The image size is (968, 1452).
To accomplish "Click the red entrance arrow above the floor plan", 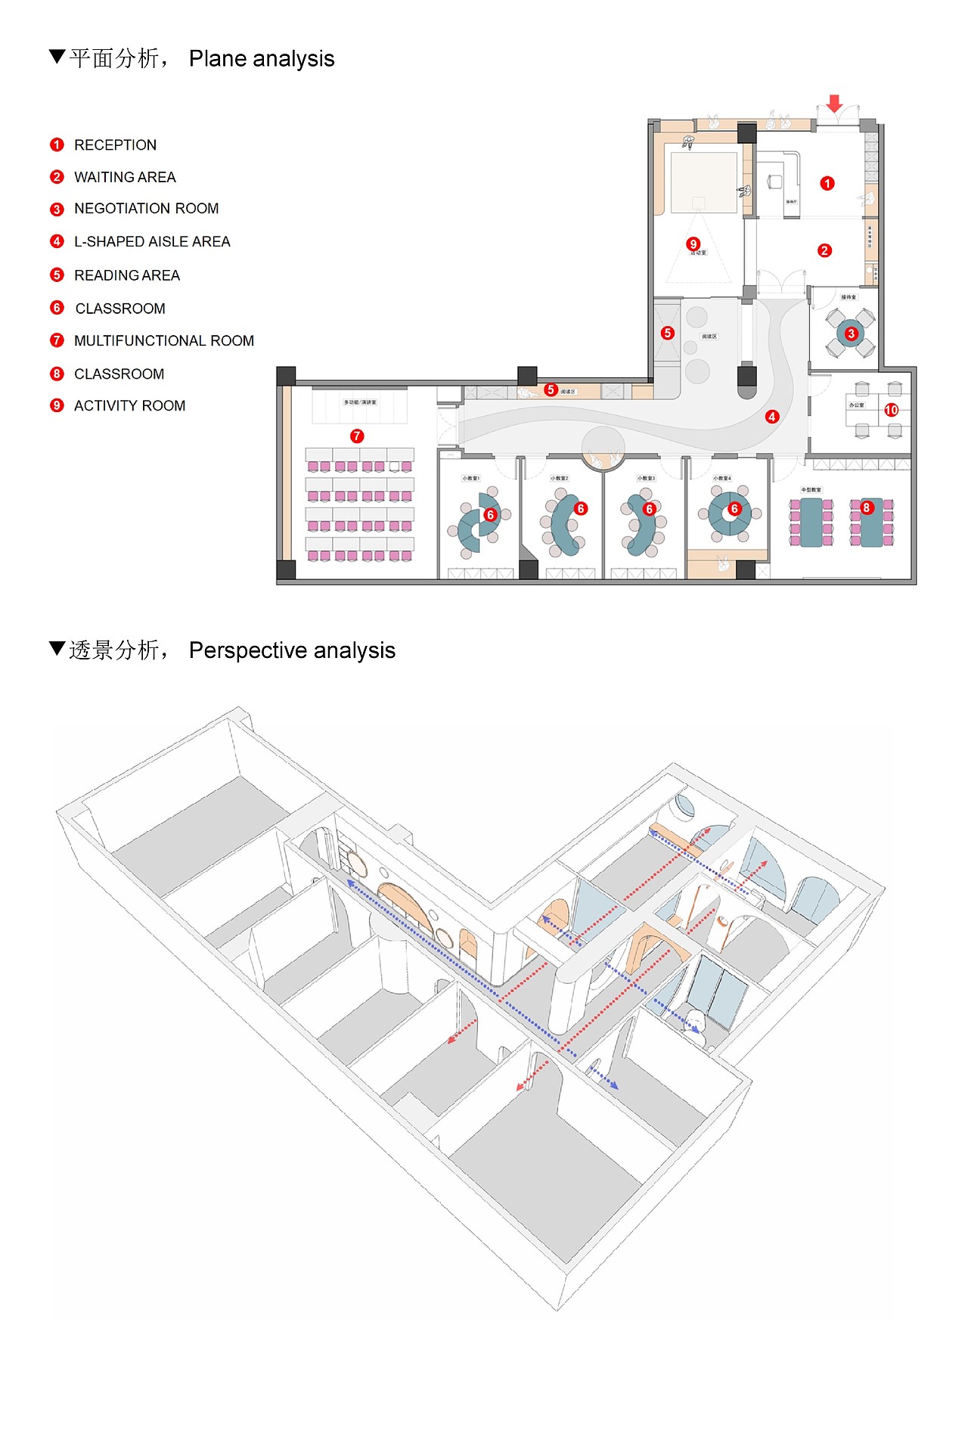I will coord(834,104).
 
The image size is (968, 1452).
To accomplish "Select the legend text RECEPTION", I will coord(115,145).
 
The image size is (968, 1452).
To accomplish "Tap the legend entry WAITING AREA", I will coord(125,178).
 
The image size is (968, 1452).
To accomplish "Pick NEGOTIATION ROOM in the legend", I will coord(146,209).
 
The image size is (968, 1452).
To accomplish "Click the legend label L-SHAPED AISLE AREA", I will coord(152,242).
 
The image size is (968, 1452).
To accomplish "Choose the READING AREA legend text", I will coord(127,276).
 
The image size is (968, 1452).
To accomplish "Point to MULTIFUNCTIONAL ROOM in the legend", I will coord(164,341).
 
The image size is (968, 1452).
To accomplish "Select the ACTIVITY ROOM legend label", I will coord(129,406).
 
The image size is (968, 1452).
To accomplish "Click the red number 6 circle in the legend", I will coord(57,308).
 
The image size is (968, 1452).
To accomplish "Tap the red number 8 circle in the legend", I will coord(57,374).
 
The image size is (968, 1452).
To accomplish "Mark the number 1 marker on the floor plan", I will coord(827,183).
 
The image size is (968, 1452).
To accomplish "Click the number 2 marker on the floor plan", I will coord(825,250).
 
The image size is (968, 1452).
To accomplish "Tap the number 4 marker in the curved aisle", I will coord(772,417).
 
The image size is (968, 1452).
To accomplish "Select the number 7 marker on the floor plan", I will coord(357,436).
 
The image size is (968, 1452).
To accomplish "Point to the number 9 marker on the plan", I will coord(693,244).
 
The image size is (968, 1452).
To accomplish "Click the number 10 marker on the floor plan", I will coord(892,410).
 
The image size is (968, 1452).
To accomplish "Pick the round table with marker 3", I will coord(851,334).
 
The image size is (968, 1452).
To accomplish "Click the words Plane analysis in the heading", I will coord(262,59).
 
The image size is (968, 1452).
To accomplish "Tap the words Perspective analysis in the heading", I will coord(292,650).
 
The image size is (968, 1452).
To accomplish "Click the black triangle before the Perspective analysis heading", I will coord(57,648).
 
